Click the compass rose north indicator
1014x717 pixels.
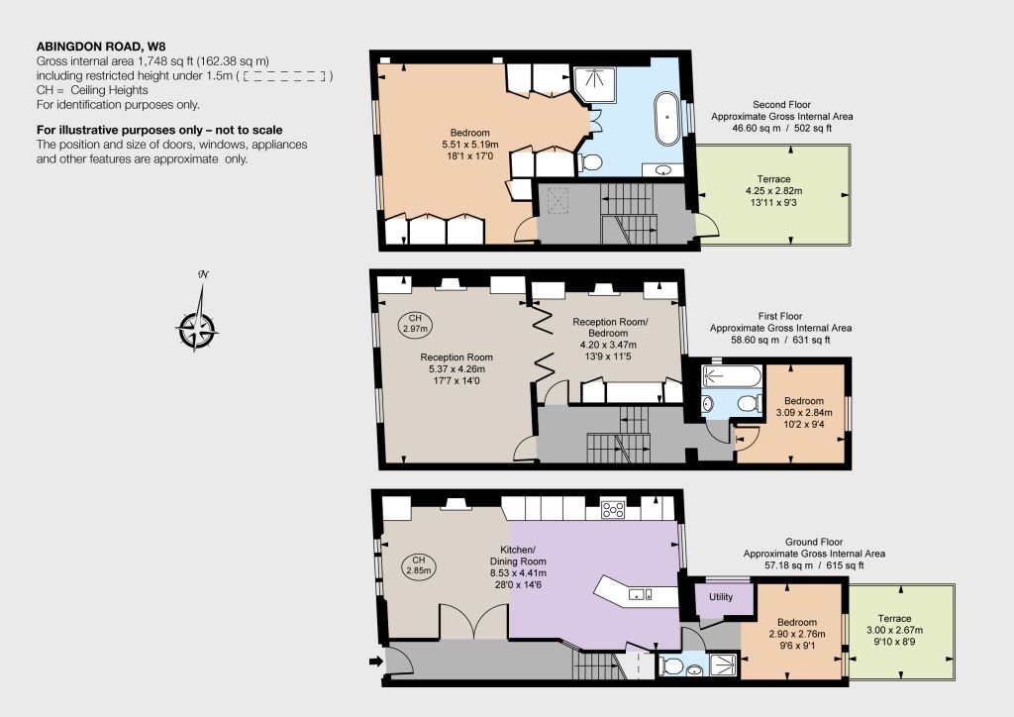[203, 274]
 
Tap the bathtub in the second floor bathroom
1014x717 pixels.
[667, 120]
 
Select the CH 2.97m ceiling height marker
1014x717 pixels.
[415, 323]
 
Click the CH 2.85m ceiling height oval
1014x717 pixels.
[419, 565]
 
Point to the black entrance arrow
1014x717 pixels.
[375, 661]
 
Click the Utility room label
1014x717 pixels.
[721, 597]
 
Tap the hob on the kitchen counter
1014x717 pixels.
[613, 509]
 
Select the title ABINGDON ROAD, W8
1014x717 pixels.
[101, 46]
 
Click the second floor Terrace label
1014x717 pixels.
[773, 179]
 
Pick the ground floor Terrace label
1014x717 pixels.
[894, 619]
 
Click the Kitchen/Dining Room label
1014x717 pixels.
[518, 556]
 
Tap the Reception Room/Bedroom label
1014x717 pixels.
[610, 327]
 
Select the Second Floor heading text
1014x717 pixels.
[781, 104]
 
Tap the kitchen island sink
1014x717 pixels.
[636, 594]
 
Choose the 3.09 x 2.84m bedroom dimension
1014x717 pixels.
[804, 413]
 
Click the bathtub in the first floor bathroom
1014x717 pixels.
[732, 376]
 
